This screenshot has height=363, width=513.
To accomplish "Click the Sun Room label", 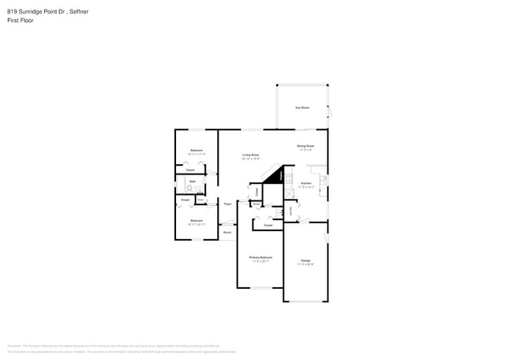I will pos(301,107).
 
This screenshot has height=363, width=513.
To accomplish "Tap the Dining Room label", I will pos(305,146).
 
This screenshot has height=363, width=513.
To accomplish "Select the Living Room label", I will pos(251,155).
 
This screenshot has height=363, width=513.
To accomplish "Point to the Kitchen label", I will pos(306,183).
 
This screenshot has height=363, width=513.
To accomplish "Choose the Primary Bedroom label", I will pos(260,257).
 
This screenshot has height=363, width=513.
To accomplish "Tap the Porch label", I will pos(227,233).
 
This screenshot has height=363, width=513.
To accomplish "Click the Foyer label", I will pos(227,204).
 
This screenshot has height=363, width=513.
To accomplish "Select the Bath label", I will pos(193,181).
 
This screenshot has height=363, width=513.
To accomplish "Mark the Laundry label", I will pos(293,210).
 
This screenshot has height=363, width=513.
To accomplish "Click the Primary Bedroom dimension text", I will pos(260,261).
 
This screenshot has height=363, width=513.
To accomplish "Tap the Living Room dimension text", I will pos(251,159).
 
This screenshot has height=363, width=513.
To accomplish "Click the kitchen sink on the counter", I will pos(324,181).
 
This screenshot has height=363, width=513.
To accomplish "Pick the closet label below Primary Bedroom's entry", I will pos(268,225).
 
